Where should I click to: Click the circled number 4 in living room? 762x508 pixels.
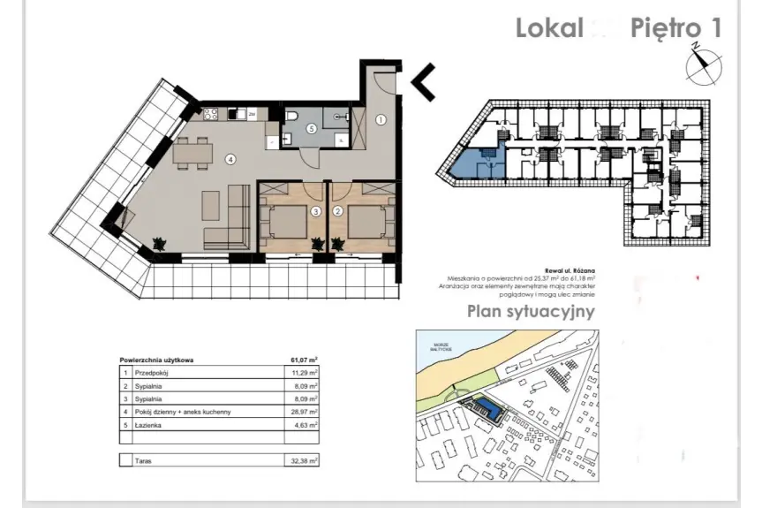tap(230, 160)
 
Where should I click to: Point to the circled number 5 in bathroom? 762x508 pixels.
tap(312, 129)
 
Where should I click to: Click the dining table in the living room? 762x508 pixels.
tap(192, 155)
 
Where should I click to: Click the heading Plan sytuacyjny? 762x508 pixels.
tap(531, 311)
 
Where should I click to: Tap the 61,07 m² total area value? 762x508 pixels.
tap(304, 360)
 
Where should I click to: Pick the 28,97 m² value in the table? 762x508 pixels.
tap(304, 412)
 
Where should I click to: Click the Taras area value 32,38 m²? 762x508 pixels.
tap(304, 460)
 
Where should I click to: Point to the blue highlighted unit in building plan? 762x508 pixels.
tap(476, 165)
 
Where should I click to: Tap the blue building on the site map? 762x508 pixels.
tap(485, 409)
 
